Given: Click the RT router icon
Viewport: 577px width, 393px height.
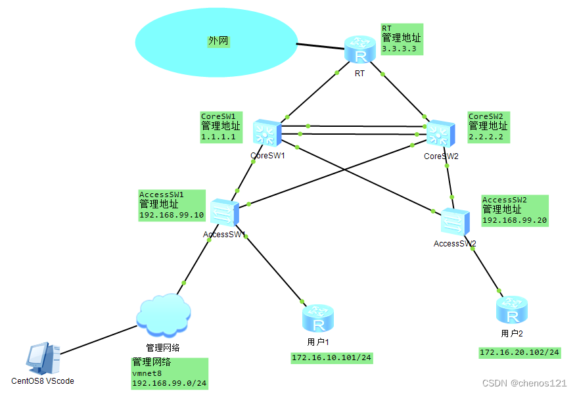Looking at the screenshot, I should click(359, 49).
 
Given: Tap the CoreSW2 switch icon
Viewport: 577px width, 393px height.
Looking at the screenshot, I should click(438, 134).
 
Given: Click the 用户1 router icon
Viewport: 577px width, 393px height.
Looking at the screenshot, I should click(318, 318).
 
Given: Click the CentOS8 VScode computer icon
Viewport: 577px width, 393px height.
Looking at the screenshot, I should click(42, 358).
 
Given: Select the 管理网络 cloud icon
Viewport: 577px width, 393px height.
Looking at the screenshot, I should click(163, 312).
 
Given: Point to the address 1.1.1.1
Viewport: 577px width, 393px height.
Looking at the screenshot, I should click(218, 137).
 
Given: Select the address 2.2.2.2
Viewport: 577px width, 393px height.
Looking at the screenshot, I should click(486, 137).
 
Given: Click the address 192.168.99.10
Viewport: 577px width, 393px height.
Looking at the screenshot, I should click(172, 215).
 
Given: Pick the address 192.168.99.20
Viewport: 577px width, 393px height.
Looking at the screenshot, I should click(515, 220).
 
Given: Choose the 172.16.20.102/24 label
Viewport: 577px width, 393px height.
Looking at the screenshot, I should click(519, 353).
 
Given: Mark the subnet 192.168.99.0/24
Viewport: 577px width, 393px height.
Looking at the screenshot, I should click(170, 382).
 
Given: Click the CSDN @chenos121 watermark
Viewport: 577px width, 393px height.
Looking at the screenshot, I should click(524, 382).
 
